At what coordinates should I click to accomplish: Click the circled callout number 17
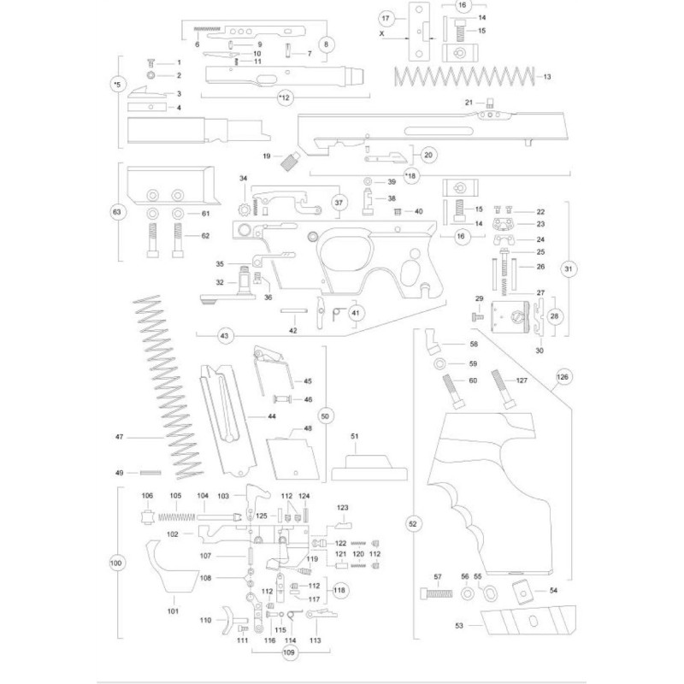click(386, 18)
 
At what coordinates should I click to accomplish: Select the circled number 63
click(116, 212)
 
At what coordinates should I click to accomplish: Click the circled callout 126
click(562, 376)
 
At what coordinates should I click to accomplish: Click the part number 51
click(356, 436)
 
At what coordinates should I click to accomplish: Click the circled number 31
click(568, 268)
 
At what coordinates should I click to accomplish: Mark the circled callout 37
click(339, 203)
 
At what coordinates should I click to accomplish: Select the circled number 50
click(325, 416)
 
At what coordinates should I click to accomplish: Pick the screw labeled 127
click(502, 390)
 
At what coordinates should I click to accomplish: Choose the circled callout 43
click(225, 336)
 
